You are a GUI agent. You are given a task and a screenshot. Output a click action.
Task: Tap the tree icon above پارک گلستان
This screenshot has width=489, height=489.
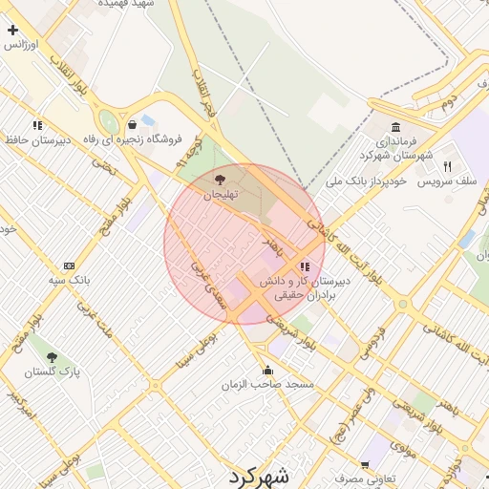click(52, 357)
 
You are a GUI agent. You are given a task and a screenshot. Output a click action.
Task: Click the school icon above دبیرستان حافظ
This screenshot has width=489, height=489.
click(37, 125)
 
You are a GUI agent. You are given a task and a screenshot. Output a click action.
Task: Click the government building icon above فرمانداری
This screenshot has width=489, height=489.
click(395, 126)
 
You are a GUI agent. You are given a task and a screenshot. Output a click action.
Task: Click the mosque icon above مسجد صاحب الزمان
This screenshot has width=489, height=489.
click(266, 370)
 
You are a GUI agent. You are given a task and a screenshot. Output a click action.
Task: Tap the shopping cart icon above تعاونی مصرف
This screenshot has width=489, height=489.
click(338, 462)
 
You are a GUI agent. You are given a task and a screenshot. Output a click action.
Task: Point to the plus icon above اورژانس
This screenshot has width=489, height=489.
click(12, 31)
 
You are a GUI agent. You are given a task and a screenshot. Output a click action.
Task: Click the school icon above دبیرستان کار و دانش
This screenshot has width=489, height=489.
click(304, 267)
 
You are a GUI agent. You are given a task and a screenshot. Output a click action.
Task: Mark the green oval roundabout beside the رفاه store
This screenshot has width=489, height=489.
click(109, 123)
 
